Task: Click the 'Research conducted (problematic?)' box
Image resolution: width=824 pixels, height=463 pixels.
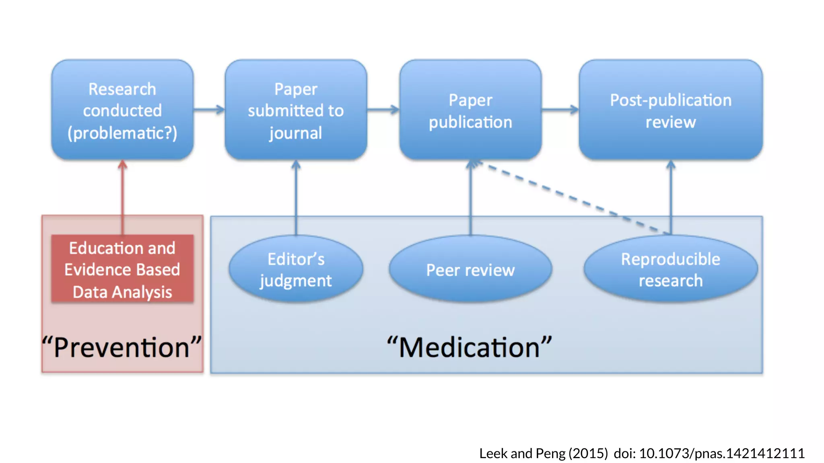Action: pyautogui.click(x=122, y=110)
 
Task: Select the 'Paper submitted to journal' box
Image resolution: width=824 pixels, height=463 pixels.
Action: pyautogui.click(x=296, y=110)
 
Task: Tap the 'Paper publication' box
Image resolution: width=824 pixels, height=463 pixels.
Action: pyautogui.click(x=470, y=110)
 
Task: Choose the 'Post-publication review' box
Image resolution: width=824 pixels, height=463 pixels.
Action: pyautogui.click(x=670, y=110)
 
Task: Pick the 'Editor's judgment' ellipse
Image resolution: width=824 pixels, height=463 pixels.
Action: pyautogui.click(x=296, y=269)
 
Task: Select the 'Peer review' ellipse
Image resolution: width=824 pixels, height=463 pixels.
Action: pyautogui.click(x=470, y=269)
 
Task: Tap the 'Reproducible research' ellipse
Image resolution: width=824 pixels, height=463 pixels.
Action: pyautogui.click(x=670, y=269)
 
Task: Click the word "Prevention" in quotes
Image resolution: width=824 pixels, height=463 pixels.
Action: pyautogui.click(x=122, y=347)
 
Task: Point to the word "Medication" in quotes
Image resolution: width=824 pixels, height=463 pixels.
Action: pyautogui.click(x=469, y=347)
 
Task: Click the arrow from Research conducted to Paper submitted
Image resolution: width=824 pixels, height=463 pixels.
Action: pyautogui.click(x=209, y=109)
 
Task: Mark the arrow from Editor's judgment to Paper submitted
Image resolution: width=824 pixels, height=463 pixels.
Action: pyautogui.click(x=296, y=197)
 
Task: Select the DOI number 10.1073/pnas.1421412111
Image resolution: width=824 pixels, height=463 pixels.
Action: pyautogui.click(x=721, y=453)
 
